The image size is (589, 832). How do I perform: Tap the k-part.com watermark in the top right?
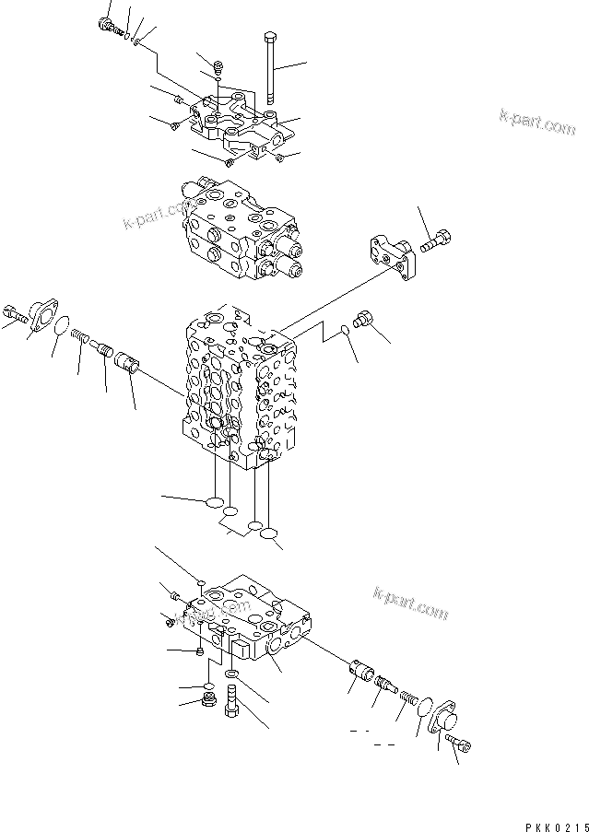tap(537, 122)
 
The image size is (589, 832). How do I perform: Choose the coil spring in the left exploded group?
tap(80, 339)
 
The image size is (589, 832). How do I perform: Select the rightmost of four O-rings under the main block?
tap(269, 534)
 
